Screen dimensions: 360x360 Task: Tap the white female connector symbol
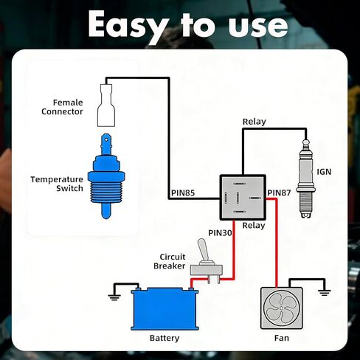(106, 105)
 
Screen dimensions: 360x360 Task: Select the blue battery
(165, 309)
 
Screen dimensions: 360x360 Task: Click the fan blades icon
(281, 308)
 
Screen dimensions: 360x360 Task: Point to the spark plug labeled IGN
(305, 179)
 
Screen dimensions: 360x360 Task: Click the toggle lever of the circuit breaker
(204, 251)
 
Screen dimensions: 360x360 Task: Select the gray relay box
(243, 197)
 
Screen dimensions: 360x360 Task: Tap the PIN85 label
(183, 193)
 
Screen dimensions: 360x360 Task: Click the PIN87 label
(279, 193)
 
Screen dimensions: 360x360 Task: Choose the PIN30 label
(220, 233)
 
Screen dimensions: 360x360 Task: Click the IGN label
(324, 172)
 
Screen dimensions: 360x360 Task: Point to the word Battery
(165, 338)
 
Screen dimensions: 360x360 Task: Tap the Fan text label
(282, 338)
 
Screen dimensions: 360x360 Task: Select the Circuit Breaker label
(170, 261)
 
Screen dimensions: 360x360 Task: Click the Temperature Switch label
(57, 184)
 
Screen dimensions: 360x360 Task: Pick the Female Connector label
(62, 107)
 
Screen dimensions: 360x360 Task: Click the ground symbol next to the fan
(325, 293)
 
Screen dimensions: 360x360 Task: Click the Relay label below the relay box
(254, 226)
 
